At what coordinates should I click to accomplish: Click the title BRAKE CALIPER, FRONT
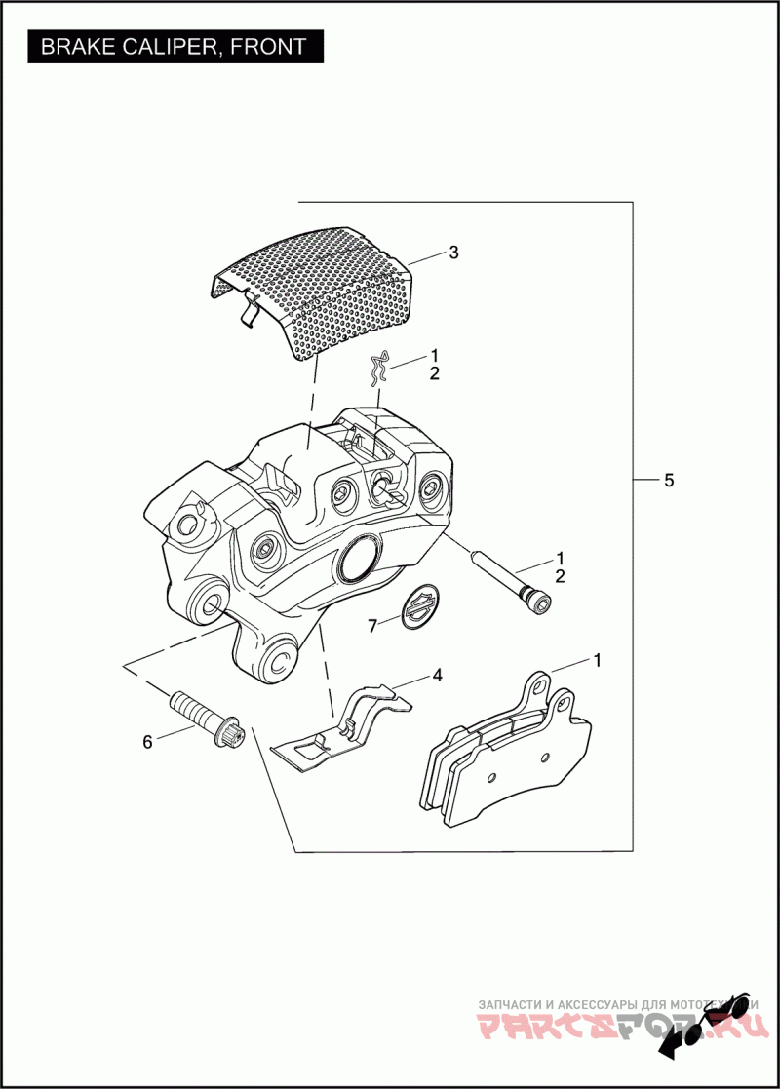174,46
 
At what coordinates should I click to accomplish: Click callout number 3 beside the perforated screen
453,253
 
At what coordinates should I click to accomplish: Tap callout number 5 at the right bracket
668,480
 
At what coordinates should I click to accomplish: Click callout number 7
372,626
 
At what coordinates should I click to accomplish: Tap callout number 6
147,742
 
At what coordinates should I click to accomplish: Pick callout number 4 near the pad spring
438,675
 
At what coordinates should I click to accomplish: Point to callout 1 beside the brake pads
597,660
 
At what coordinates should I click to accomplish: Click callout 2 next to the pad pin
560,576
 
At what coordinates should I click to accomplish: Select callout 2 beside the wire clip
434,373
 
